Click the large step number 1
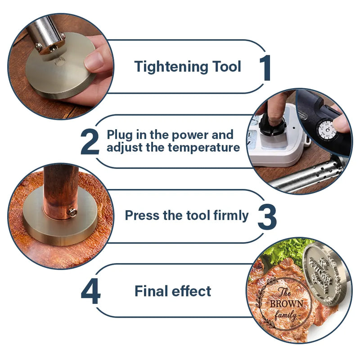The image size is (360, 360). coord(265,68)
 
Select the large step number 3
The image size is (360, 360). coord(267,217)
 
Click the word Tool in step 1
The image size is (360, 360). coord(226,66)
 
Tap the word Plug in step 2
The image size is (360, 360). coord(120,135)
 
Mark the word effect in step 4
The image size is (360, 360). coord(192,291)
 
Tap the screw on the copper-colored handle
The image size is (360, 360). coord(72,212)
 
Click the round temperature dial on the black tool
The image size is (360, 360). coord(327,130)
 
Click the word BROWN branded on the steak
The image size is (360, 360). coord(287,303)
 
